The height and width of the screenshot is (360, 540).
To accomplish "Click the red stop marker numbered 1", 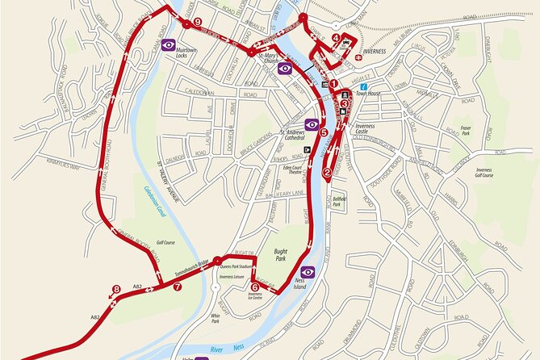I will point(333,82).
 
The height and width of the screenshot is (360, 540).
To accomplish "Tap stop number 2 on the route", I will point(327,172).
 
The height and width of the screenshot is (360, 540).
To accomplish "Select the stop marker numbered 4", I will point(336,38).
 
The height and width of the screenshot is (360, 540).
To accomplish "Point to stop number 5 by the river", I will point(323,132).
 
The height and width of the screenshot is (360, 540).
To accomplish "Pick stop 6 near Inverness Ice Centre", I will point(255,286).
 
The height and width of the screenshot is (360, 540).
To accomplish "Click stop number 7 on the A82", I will point(177,286).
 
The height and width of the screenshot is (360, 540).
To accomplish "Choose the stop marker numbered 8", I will point(116,289).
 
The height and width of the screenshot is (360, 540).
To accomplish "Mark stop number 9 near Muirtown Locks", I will point(197,23).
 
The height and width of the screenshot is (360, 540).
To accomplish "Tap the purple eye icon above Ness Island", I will point(308,272).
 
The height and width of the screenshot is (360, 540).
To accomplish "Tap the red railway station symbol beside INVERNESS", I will point(356,57).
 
